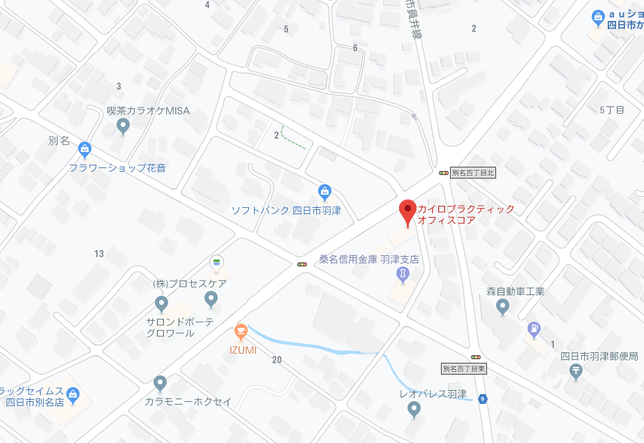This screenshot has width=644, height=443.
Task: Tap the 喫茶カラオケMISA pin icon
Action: [123, 127]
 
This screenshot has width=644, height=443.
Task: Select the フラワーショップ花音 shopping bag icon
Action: [84, 149]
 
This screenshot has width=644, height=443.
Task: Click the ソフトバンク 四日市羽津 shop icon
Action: [324, 191]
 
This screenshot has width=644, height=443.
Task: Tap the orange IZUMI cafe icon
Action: [241, 330]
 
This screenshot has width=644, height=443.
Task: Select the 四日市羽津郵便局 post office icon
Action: [576, 372]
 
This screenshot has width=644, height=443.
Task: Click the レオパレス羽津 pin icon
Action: [414, 410]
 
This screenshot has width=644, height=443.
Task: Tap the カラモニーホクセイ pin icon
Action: [160, 384]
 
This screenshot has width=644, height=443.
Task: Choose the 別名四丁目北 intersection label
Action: [472, 172]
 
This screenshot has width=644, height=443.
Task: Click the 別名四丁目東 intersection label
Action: [463, 368]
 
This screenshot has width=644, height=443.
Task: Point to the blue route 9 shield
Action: [483, 399]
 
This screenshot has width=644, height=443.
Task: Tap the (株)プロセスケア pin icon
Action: [211, 300]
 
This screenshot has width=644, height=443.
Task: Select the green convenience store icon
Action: [216, 262]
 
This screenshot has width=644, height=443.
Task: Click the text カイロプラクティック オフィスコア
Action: [465, 214]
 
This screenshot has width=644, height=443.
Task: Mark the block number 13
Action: [99, 253]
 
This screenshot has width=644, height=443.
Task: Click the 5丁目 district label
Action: [612, 110]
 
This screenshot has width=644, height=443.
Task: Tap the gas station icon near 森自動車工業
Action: [534, 328]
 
